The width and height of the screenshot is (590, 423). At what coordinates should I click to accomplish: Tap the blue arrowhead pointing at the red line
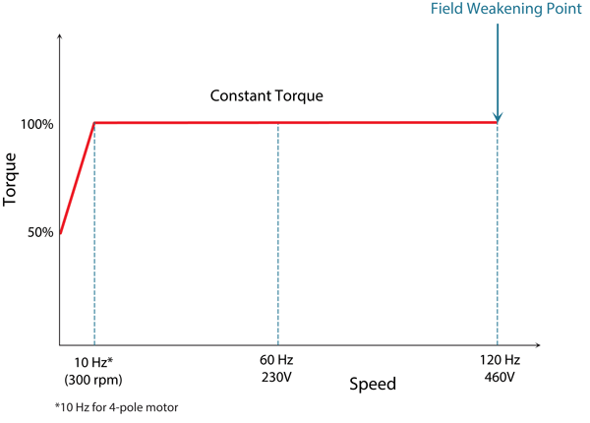(499, 115)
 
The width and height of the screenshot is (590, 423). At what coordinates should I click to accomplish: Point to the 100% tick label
(36, 125)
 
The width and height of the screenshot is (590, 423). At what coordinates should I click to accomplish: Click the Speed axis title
(373, 383)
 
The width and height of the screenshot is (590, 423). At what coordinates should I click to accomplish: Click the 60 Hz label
(278, 362)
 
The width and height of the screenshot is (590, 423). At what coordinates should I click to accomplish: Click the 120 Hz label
(499, 362)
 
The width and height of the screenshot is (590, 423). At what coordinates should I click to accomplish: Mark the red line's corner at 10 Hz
(93, 123)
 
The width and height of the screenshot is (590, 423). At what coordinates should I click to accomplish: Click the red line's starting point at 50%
(61, 233)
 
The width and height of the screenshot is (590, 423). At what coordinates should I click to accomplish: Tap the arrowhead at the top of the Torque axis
(61, 36)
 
